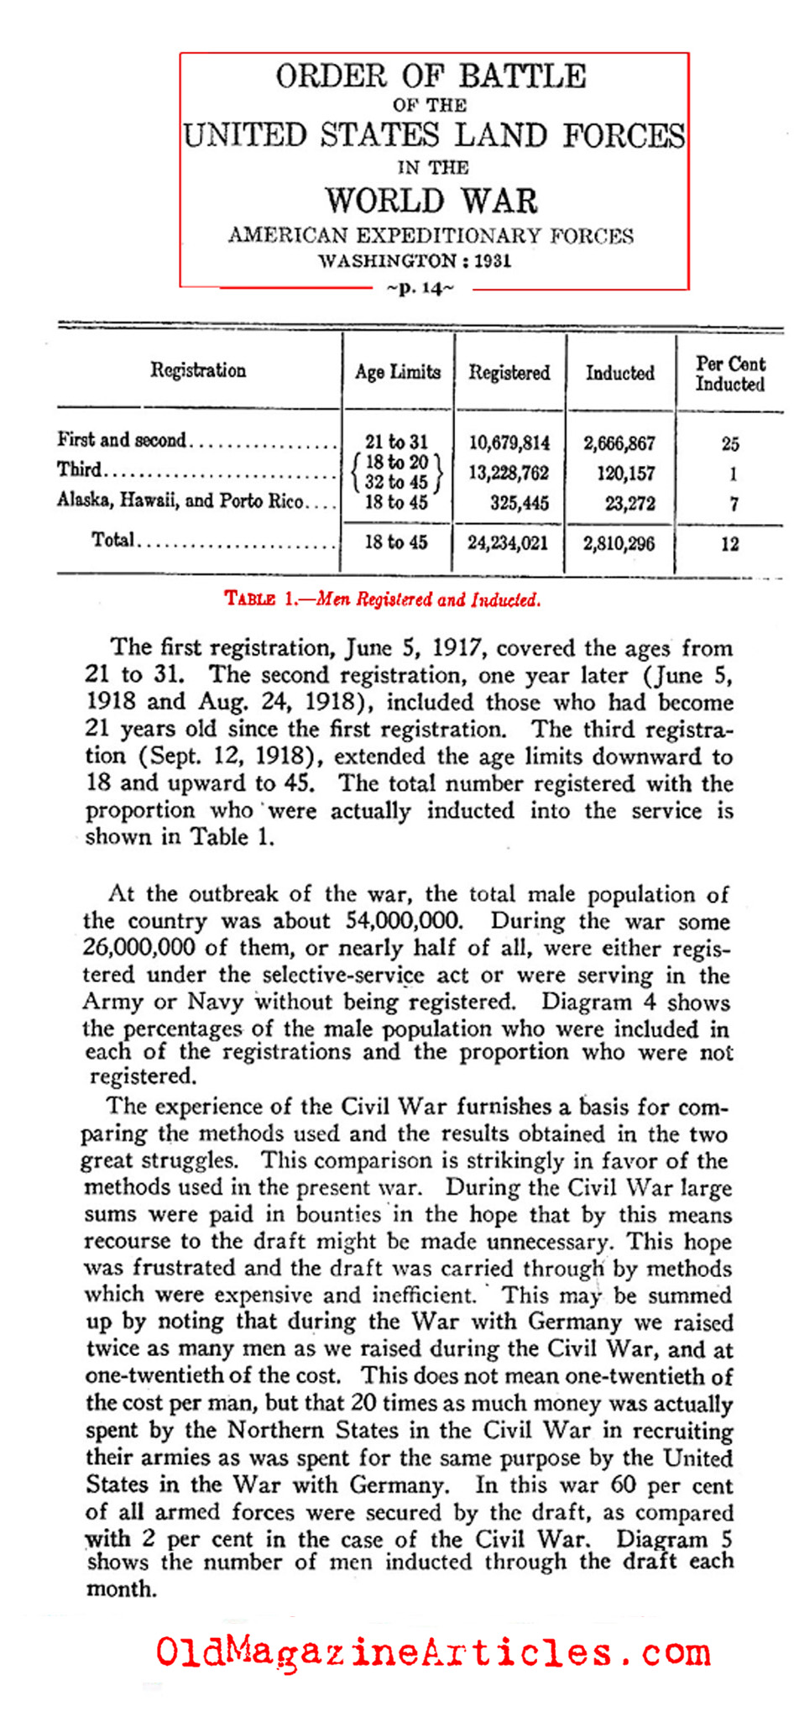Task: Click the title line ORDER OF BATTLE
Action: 431,76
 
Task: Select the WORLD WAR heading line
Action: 431,202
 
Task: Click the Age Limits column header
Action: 397,372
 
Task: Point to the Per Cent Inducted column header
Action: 730,374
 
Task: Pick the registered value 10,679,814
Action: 509,442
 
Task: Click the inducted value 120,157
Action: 625,474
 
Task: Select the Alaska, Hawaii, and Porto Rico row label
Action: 180,501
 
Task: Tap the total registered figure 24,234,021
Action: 508,543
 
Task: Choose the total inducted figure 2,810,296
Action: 619,543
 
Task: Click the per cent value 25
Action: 730,444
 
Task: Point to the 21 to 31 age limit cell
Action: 396,442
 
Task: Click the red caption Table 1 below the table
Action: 383,599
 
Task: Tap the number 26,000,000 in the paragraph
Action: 140,948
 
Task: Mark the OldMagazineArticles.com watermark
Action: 432,1652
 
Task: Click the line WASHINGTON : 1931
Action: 414,260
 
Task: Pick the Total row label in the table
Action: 112,540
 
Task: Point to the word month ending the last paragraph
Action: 121,1589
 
